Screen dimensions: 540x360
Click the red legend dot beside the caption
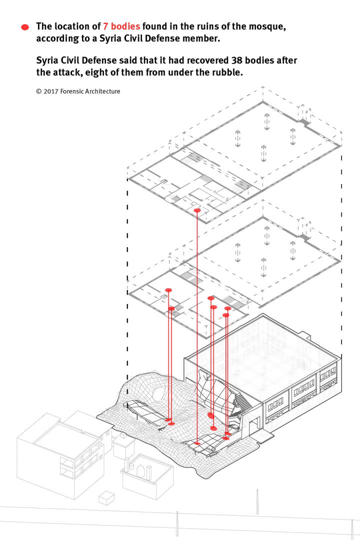click(25, 27)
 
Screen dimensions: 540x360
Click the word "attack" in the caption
click(68, 72)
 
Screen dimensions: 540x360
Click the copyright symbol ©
click(38, 91)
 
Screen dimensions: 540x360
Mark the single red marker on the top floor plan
click(197, 210)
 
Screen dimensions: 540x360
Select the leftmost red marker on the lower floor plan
click(168, 290)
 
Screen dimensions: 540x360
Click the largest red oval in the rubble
click(211, 415)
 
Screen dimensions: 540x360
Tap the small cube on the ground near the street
click(106, 498)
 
